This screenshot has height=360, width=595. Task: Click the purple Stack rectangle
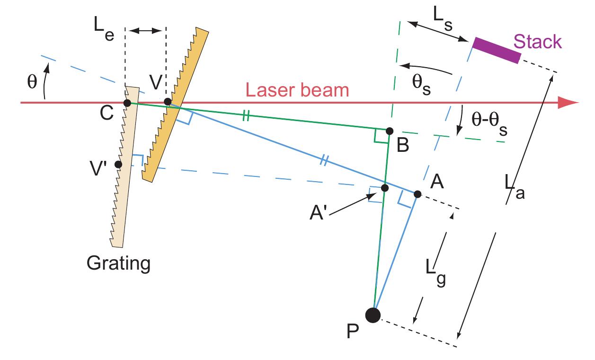pos(497,50)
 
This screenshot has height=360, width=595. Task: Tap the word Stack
pos(537,42)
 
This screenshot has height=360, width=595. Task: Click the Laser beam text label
pos(297,90)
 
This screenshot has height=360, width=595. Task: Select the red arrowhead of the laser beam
pos(568,103)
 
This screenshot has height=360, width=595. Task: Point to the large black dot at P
pos(373,315)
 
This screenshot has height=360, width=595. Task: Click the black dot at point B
pos(390,131)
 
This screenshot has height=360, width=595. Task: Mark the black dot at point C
pos(127,103)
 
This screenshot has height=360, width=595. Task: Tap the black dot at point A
pos(417,194)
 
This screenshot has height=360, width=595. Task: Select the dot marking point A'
pos(385,188)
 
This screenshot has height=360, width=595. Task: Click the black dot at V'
pos(118,165)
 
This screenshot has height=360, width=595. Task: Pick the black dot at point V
pos(168,102)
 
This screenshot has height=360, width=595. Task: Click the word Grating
pos(118,263)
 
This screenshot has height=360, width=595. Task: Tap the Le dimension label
pos(104,28)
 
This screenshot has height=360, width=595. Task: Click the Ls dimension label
pos(443,18)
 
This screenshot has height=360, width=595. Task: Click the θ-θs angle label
pos(489,123)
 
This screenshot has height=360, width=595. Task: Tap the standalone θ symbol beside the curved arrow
pos(32,81)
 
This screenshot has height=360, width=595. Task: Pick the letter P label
pos(353,331)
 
